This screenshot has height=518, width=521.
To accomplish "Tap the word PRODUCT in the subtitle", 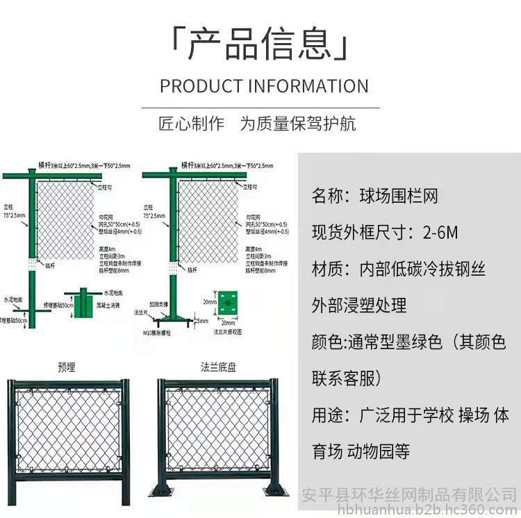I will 200,86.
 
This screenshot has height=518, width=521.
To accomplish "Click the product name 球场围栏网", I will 399,196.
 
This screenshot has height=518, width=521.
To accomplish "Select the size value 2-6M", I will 441,232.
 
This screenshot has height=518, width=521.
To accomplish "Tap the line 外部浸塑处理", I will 359,304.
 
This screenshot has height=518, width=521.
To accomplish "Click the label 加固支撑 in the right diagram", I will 153,303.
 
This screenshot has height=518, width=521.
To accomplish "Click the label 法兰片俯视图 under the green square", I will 228,331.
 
